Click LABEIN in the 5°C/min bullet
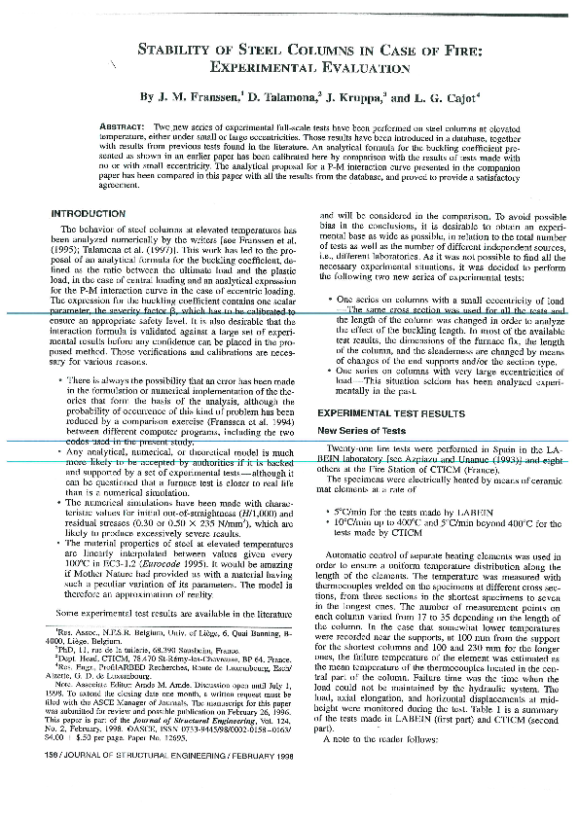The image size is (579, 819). [x=475, y=512]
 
